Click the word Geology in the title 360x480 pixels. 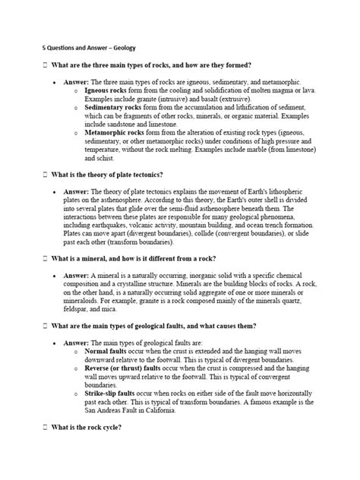(x=123, y=48)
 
